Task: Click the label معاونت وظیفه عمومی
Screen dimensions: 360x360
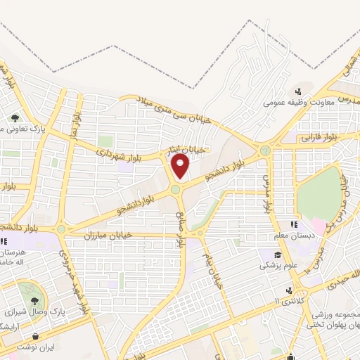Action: point(292,103)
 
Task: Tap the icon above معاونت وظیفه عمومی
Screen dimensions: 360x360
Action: point(298,91)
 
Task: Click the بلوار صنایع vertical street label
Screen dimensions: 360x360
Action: point(180,228)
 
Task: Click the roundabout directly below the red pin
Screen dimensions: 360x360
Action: point(175,189)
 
